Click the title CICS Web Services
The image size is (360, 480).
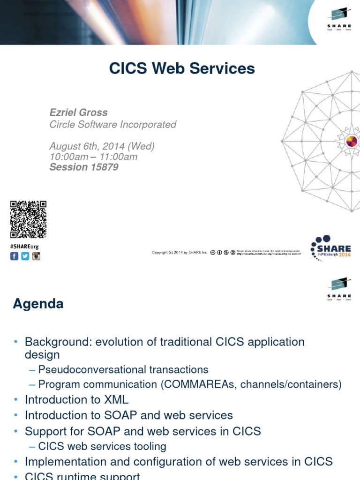coord(182,68)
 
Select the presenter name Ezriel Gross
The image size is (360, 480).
coord(78,112)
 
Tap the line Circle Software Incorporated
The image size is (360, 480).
coord(112,124)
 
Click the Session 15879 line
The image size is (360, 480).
coord(84,167)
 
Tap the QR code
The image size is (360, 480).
coord(29,219)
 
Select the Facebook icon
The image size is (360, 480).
coord(15,256)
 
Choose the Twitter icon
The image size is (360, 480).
coord(25,256)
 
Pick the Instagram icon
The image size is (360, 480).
coord(36,256)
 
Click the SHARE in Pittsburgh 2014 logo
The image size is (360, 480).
coord(331,247)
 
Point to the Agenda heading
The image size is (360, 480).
coord(38,304)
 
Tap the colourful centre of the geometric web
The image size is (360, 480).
coord(352,141)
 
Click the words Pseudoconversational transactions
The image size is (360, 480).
coord(123,370)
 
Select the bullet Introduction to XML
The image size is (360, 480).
coord(76,400)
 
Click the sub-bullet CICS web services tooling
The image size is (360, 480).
coord(102,446)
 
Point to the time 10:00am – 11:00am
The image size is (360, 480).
coord(93,157)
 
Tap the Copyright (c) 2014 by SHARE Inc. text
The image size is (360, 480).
coord(180,252)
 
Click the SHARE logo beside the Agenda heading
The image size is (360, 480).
coord(339,289)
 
